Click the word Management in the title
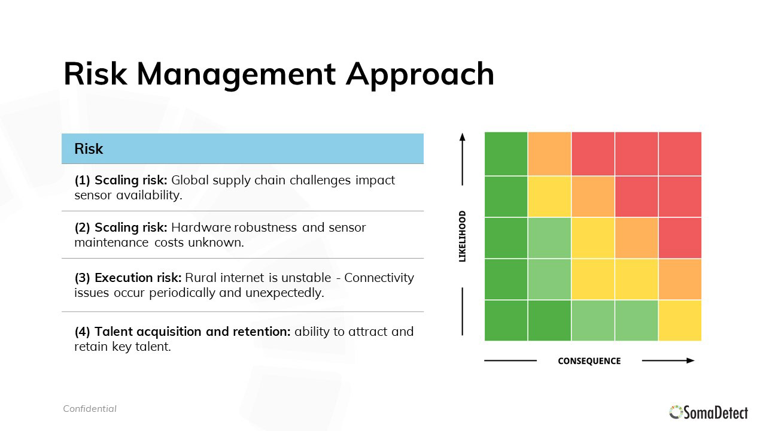pyautogui.click(x=236, y=75)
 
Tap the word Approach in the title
pyautogui.click(x=420, y=75)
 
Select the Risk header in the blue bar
pyautogui.click(x=89, y=149)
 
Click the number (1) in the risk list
pyautogui.click(x=83, y=180)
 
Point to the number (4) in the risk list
pyautogui.click(x=83, y=332)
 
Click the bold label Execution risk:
pyautogui.click(x=138, y=278)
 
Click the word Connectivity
pyautogui.click(x=379, y=278)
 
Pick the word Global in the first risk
pyautogui.click(x=190, y=180)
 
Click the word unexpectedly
pyautogui.click(x=284, y=293)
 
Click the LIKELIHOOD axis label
pyautogui.click(x=463, y=236)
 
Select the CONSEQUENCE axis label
pyautogui.click(x=589, y=361)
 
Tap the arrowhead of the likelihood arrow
pyautogui.click(x=463, y=136)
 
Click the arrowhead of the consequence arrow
pyautogui.click(x=691, y=360)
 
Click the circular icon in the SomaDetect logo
pyautogui.click(x=676, y=412)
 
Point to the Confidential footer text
pyautogui.click(x=90, y=409)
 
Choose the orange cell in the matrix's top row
pyautogui.click(x=549, y=154)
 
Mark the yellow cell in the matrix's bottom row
pyautogui.click(x=680, y=320)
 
